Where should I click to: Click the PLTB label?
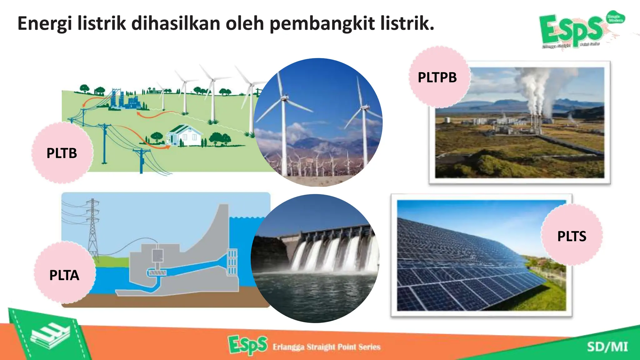[x=62, y=153]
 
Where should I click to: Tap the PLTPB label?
[x=437, y=77]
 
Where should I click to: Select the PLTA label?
[x=64, y=275]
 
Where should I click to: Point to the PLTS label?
[x=572, y=236]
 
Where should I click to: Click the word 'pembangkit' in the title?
[x=322, y=24]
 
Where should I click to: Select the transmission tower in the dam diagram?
[x=92, y=228]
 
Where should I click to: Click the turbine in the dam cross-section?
[x=157, y=273]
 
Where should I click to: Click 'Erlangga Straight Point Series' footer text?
[x=326, y=347]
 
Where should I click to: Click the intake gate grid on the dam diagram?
[x=232, y=262]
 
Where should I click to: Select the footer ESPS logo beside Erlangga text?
[x=247, y=345]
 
